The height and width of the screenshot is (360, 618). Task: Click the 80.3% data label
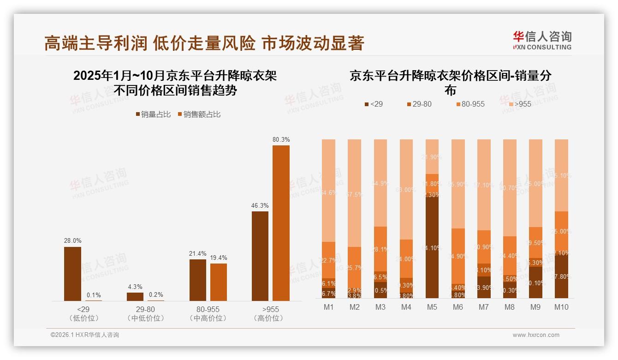tap(281, 139)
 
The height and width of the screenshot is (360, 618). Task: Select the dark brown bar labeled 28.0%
tap(72, 274)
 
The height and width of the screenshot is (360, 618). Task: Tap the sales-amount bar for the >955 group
tap(281, 223)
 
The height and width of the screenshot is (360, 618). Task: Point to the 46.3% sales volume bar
tap(260, 256)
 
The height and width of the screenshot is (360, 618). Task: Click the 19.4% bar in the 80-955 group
tap(219, 282)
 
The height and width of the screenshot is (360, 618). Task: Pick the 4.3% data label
tap(135, 287)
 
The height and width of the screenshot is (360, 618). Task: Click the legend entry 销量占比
tap(153, 114)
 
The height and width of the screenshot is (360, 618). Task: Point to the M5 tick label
tap(432, 307)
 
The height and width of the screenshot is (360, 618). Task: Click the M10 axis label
tap(561, 307)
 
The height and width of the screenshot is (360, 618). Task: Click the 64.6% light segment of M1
tap(328, 190)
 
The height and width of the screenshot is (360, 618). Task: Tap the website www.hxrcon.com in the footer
tap(536, 335)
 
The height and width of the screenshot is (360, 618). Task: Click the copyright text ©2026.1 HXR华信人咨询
tap(85, 335)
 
